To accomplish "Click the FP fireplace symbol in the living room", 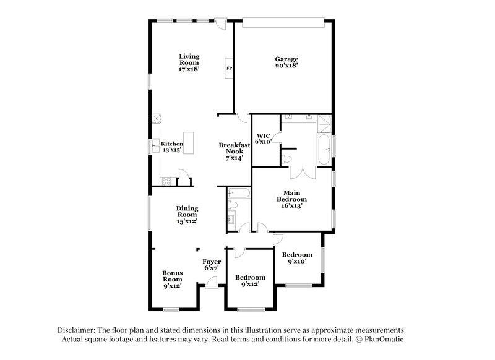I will click(x=229, y=68).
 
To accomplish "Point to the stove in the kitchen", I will click(x=166, y=181).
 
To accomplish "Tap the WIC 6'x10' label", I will click(x=264, y=138).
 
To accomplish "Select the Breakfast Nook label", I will click(x=235, y=151).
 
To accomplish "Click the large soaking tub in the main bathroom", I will click(x=324, y=148).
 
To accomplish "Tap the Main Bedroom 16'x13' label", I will click(x=291, y=200).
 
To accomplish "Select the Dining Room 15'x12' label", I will click(x=186, y=215).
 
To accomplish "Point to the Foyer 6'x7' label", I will click(x=212, y=265).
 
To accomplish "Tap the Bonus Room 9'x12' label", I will click(x=171, y=279).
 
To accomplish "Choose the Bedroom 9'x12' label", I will click(x=250, y=281).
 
